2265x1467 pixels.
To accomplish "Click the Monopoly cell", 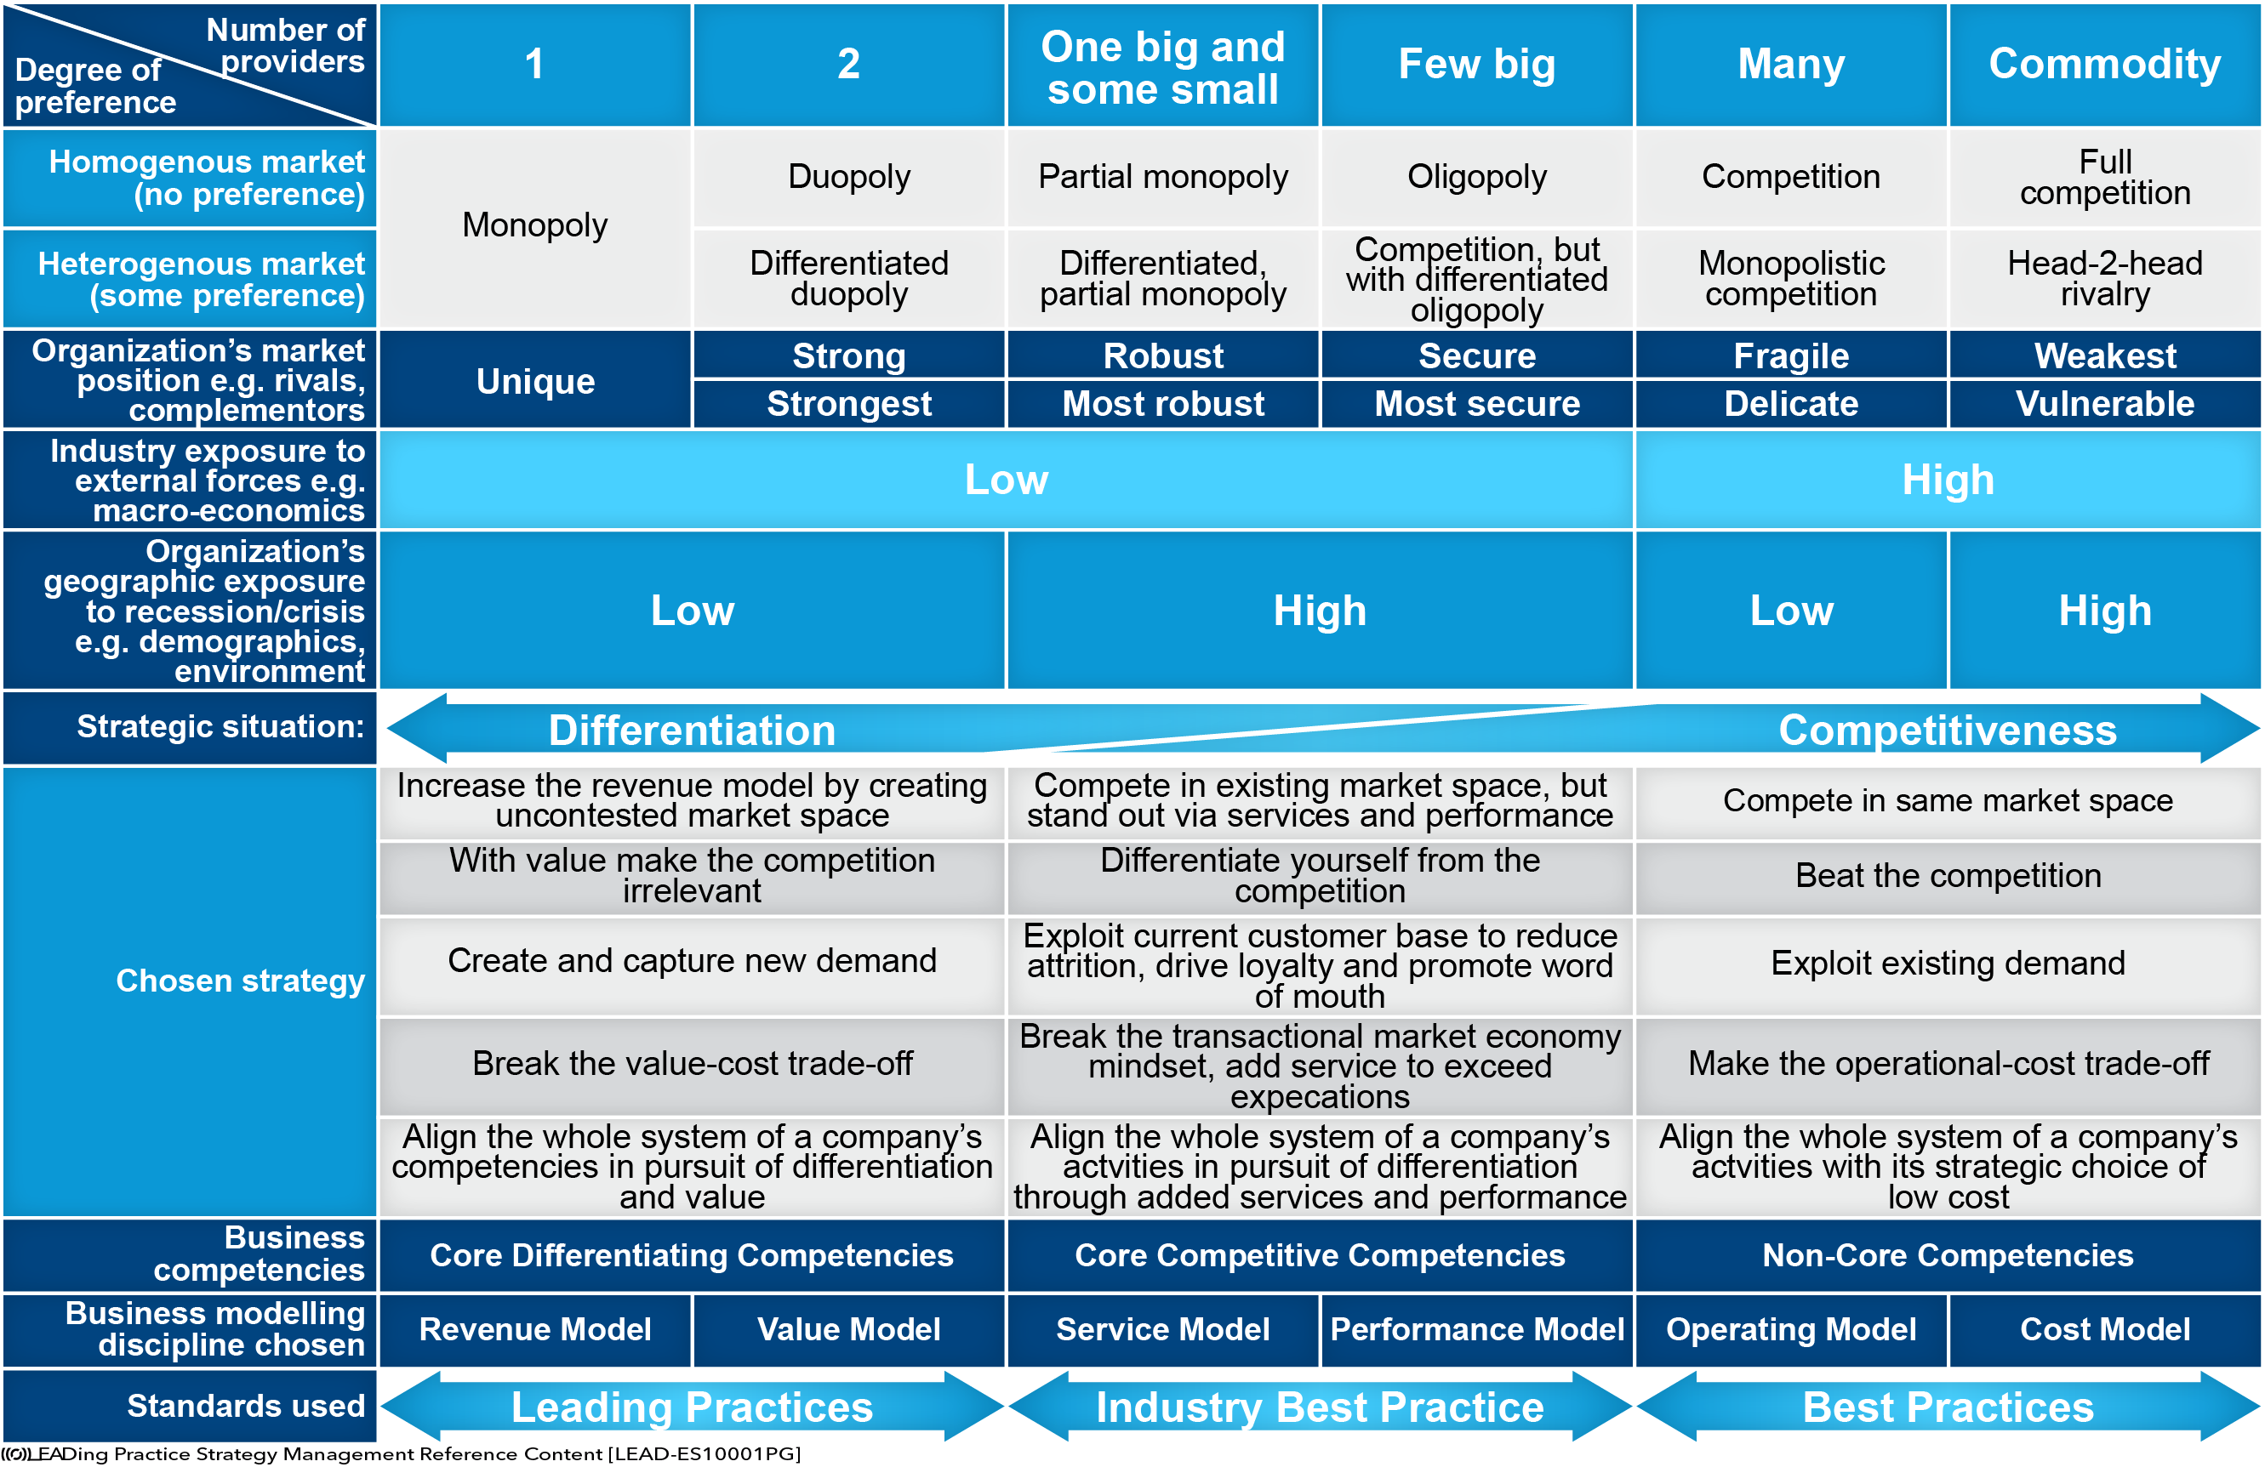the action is pyautogui.click(x=535, y=226).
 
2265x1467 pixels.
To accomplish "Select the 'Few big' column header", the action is pyautogui.click(x=1477, y=65).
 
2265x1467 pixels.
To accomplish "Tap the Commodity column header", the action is pyautogui.click(x=2104, y=65).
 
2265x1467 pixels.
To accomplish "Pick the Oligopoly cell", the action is pyautogui.click(x=1477, y=177).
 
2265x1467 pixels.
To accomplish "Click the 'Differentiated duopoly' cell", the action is pyautogui.click(x=849, y=278).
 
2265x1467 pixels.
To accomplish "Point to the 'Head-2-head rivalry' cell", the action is pyautogui.click(x=2104, y=278).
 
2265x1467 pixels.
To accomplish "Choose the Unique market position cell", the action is pyautogui.click(x=535, y=380).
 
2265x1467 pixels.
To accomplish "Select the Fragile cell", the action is pyautogui.click(x=1791, y=355).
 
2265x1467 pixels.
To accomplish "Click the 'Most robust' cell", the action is pyautogui.click(x=1163, y=404).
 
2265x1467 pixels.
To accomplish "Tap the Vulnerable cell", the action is pyautogui.click(x=2104, y=404).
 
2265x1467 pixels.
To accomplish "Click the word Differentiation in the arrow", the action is pyautogui.click(x=692, y=731).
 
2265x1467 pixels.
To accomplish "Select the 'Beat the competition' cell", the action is pyautogui.click(x=1948, y=876).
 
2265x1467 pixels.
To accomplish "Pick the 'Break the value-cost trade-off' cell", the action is pyautogui.click(x=692, y=1064).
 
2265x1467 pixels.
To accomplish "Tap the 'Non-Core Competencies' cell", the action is pyautogui.click(x=1948, y=1256).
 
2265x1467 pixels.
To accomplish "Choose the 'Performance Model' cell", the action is pyautogui.click(x=1477, y=1330).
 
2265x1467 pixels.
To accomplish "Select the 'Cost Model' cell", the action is pyautogui.click(x=2104, y=1330).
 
